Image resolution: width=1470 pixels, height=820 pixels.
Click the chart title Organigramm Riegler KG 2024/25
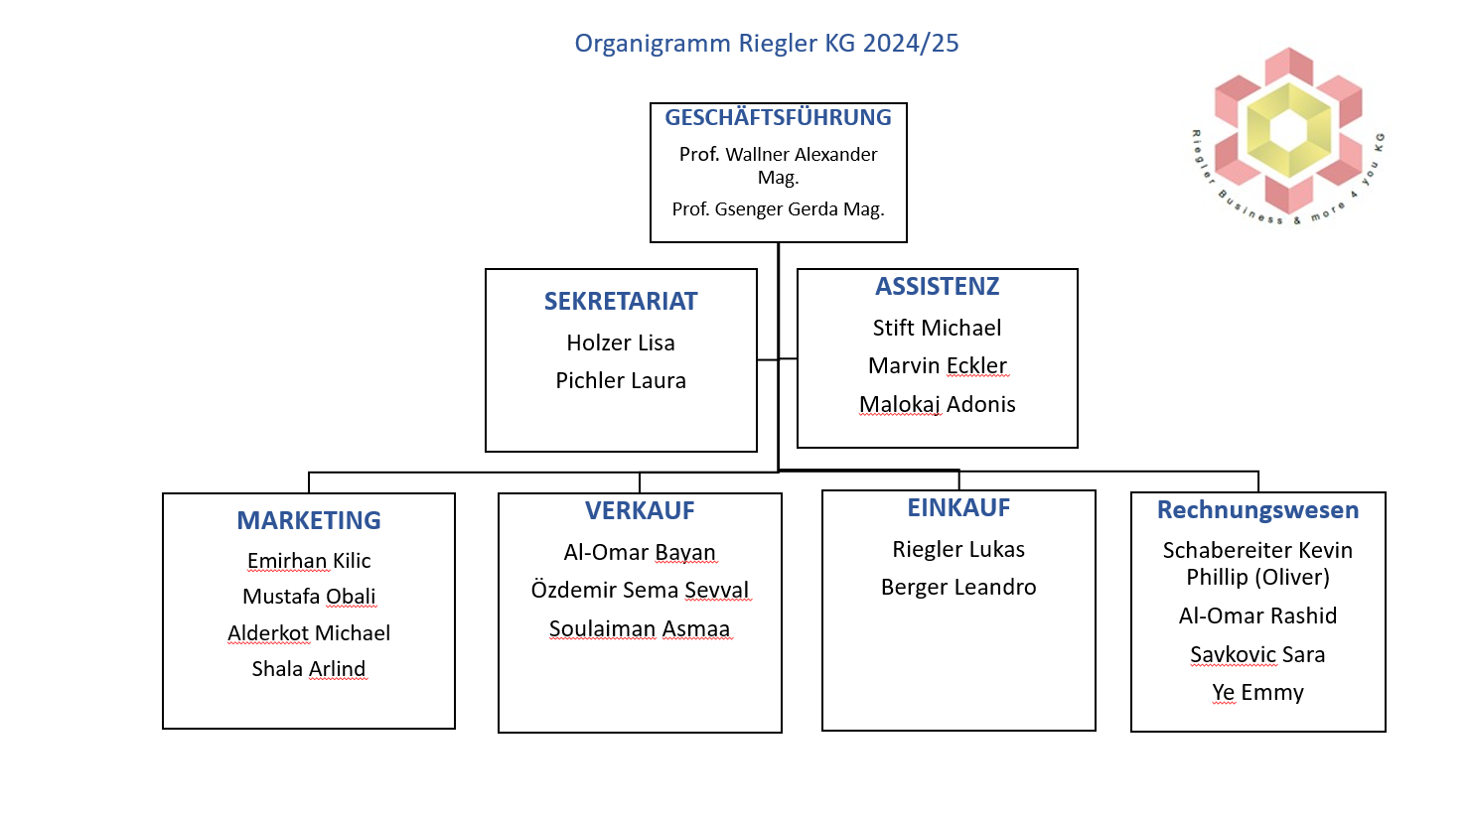coord(767,44)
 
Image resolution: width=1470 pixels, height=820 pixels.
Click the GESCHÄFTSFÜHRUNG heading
coord(779,117)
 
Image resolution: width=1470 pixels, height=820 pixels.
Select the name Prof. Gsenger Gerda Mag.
coord(779,209)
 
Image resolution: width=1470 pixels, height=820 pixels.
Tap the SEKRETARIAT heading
coord(621,301)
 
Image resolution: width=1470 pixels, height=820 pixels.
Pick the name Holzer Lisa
coord(621,342)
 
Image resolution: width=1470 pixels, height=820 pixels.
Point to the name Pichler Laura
coord(621,380)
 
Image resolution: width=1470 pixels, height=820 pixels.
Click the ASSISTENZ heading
coord(938,286)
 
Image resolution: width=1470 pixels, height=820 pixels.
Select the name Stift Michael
coord(938,328)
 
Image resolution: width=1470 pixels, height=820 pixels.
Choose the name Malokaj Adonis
coord(938,404)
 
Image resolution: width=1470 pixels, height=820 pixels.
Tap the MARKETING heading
coord(309,520)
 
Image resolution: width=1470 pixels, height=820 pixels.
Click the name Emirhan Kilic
coord(309,560)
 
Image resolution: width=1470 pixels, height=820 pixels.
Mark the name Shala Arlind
coord(309,668)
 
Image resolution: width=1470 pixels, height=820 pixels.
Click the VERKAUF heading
coord(640,510)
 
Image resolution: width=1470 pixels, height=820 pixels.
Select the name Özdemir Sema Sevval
coord(640,590)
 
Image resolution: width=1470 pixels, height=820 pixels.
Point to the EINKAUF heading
coord(958,507)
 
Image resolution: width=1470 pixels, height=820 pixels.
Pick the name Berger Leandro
coord(958,587)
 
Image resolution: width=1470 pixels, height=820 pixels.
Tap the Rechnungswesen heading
coord(1258,509)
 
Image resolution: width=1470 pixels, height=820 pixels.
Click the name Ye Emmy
coord(1258,692)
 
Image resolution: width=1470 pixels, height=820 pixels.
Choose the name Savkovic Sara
coord(1258,654)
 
